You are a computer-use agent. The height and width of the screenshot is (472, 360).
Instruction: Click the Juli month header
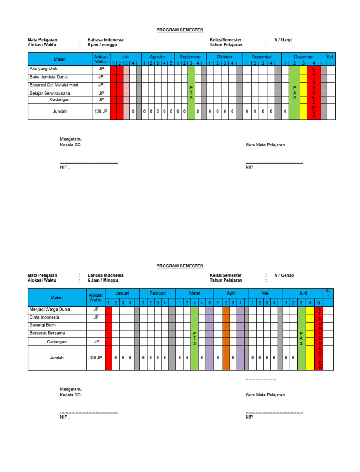coord(125,57)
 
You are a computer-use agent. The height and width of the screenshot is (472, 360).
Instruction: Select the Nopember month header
coord(262,57)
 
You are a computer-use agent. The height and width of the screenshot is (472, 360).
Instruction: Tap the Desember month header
coord(304,57)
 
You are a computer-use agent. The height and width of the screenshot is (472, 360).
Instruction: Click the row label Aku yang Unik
coord(43,69)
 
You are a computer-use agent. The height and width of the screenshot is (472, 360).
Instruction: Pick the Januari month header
coord(122,293)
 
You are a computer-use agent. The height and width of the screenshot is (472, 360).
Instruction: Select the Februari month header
coord(157,293)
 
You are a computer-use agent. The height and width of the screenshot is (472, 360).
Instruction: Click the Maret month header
coord(195,293)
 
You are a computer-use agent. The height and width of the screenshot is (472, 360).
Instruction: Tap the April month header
coord(231,293)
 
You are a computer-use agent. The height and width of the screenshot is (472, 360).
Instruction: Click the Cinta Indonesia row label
coord(44,317)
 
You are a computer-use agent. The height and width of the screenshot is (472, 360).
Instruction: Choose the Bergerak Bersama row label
coord(47,333)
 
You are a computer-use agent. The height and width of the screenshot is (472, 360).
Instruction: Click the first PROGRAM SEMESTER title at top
coord(180,30)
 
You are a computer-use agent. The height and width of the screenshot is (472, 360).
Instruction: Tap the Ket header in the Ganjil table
coord(330,56)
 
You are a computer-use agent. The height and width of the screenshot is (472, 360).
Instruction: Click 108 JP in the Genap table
coord(95,358)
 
